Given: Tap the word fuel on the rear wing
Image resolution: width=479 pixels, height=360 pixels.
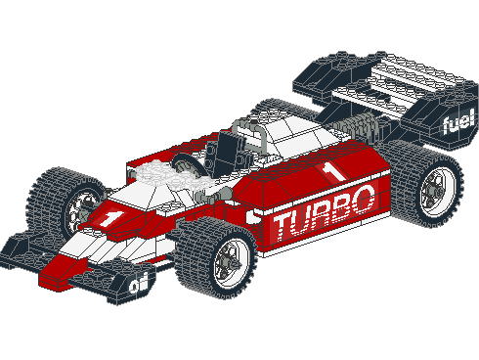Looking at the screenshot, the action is click(x=458, y=122).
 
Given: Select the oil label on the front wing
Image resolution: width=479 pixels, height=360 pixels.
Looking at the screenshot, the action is click(x=139, y=284).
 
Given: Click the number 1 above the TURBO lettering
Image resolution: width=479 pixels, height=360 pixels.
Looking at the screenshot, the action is click(x=332, y=171).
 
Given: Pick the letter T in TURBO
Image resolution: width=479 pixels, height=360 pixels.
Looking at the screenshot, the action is click(x=283, y=227).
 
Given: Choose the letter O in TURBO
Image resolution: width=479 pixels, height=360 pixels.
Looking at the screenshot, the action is click(x=363, y=199).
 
